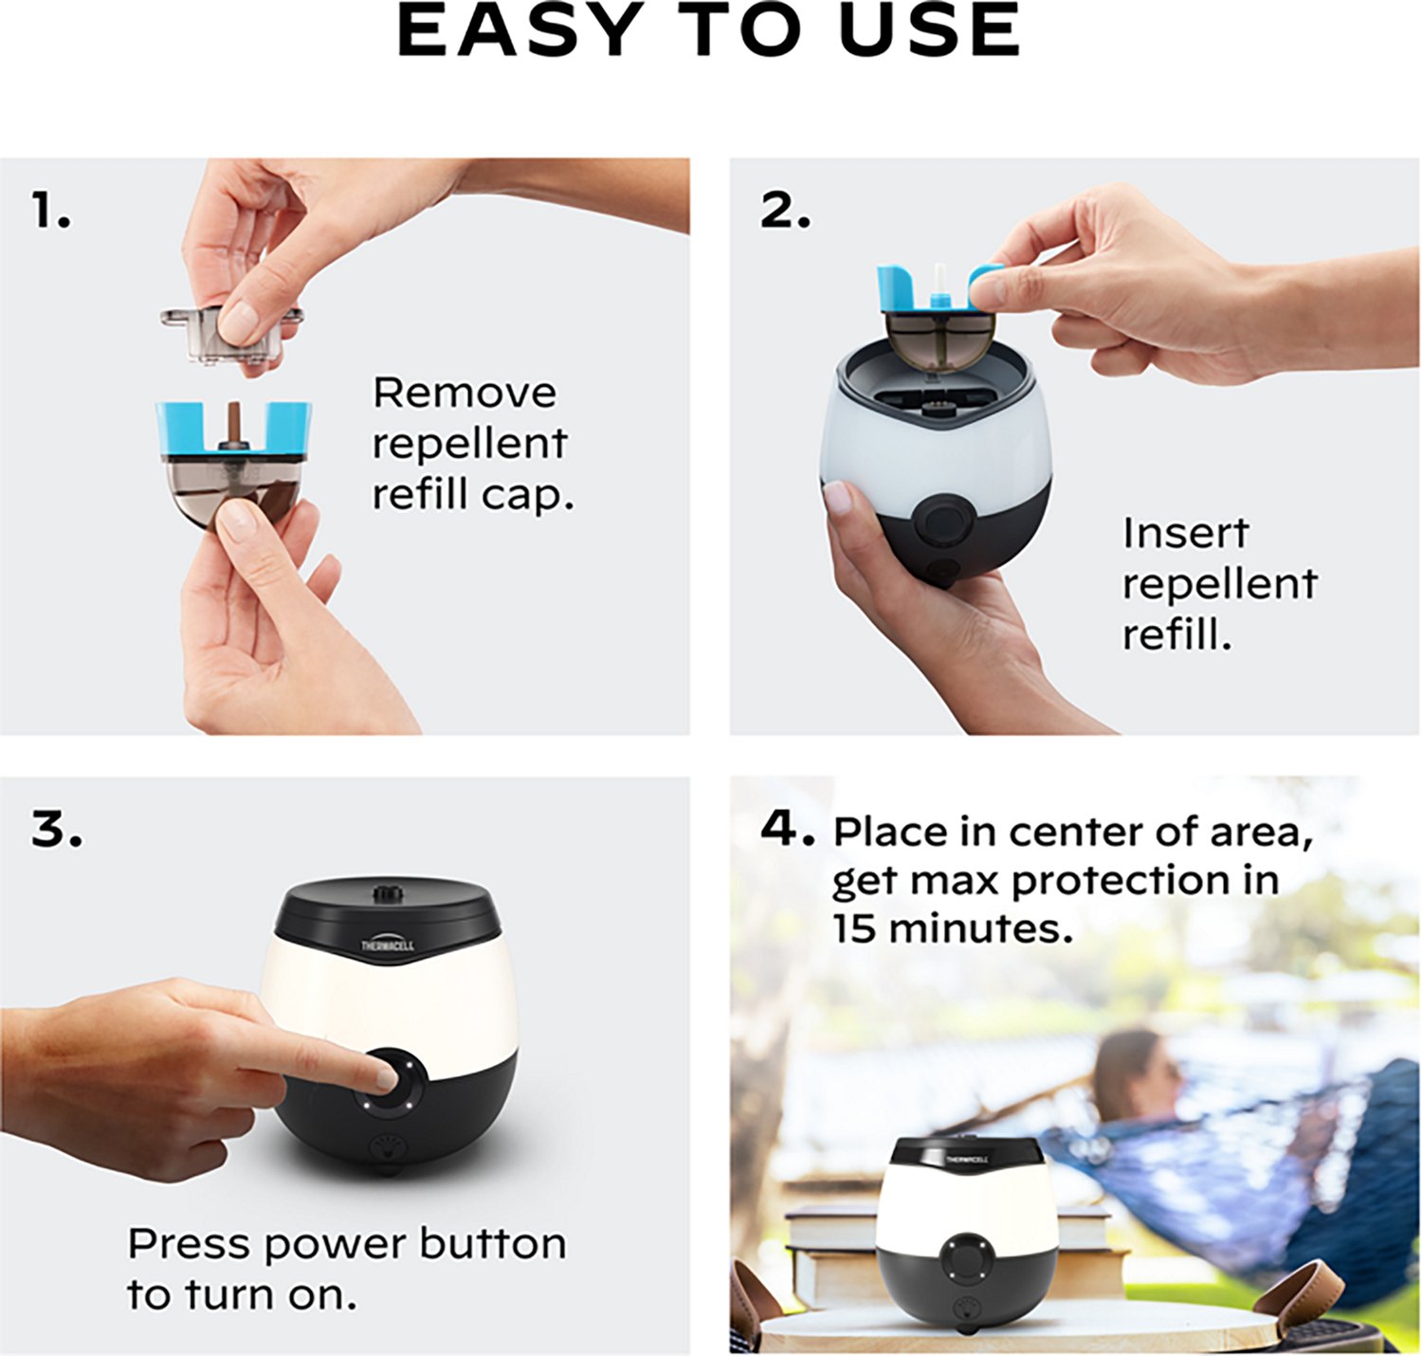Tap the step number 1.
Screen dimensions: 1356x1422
49,211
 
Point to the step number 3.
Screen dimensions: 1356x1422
55,830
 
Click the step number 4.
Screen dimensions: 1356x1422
786,830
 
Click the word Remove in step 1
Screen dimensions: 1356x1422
464,393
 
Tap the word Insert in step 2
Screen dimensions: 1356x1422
1185,533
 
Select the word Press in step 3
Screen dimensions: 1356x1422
190,1244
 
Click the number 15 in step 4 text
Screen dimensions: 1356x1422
854,928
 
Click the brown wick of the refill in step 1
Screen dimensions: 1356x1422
231,421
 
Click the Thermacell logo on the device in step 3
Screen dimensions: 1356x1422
387,944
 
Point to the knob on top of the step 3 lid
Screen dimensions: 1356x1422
386,893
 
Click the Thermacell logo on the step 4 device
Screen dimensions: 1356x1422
966,1159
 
